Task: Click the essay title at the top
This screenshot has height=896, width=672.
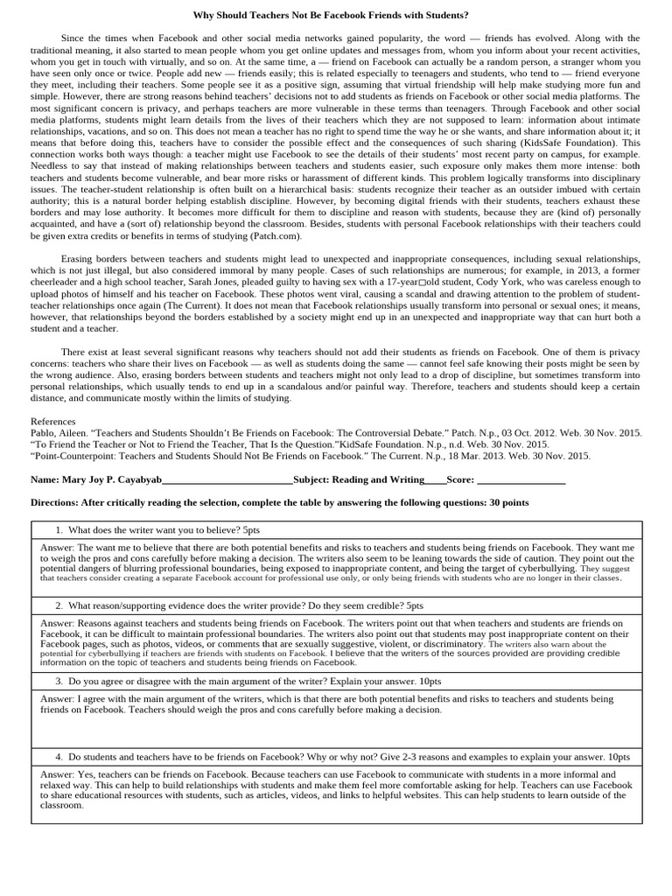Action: (337, 16)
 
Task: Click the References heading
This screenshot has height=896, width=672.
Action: (54, 421)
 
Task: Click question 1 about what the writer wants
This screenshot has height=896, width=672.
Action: (157, 530)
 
